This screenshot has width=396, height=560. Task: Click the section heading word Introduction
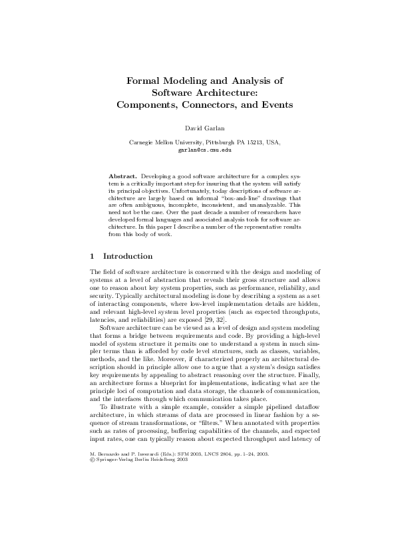[x=128, y=256]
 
